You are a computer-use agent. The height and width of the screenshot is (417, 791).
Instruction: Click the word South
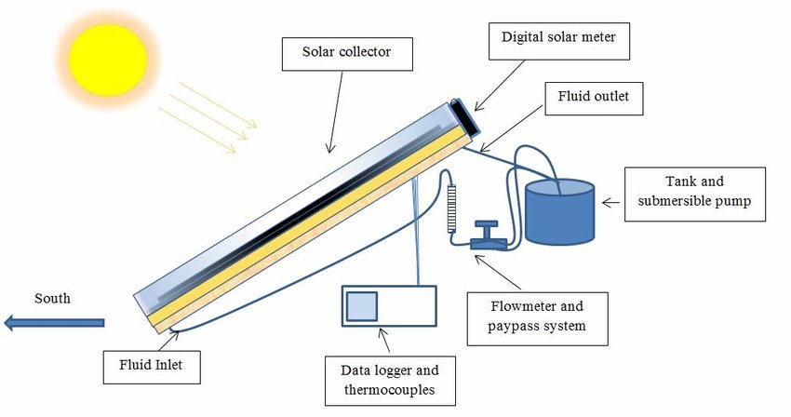pyautogui.click(x=52, y=299)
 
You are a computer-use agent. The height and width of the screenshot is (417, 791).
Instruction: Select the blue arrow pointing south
pyautogui.click(x=54, y=323)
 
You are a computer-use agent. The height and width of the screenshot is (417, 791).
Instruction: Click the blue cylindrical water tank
pyautogui.click(x=558, y=211)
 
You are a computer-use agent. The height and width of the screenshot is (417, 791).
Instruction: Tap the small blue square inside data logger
pyautogui.click(x=362, y=306)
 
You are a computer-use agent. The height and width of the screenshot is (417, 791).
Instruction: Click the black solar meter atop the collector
pyautogui.click(x=466, y=117)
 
